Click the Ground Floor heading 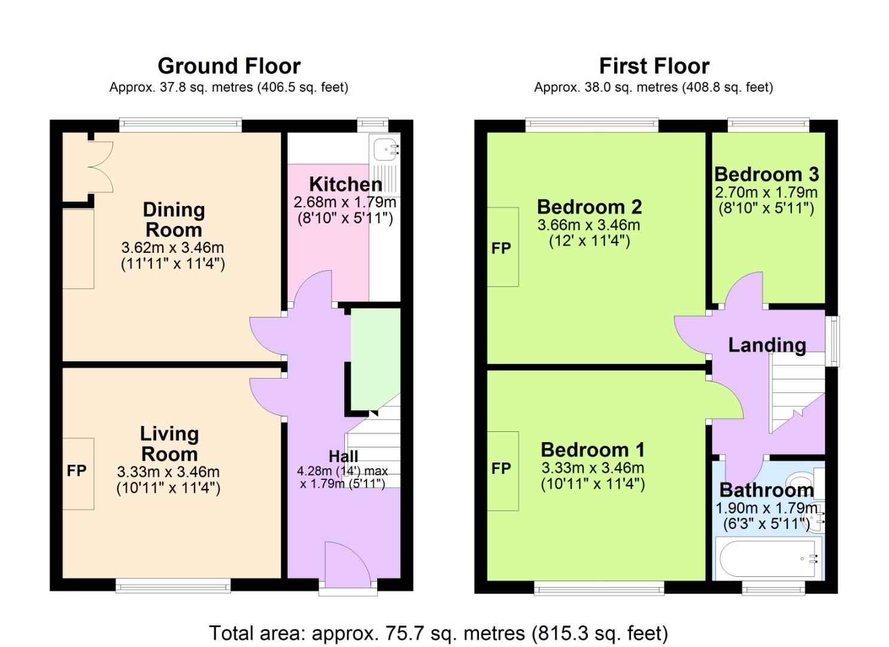click(229, 65)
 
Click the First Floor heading click(654, 65)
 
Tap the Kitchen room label click(345, 184)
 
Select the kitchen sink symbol click(384, 149)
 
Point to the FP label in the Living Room click(77, 471)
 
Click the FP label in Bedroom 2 click(501, 248)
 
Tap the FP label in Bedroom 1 click(501, 468)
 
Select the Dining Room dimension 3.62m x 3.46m click(172, 247)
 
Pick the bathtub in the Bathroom click(767, 558)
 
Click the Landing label click(767, 345)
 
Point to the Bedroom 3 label click(766, 174)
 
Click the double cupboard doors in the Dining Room click(101, 167)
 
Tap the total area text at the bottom click(438, 633)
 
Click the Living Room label click(169, 443)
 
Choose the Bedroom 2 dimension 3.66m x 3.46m click(588, 225)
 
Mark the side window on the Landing click(833, 340)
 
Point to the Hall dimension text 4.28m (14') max click(342, 471)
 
